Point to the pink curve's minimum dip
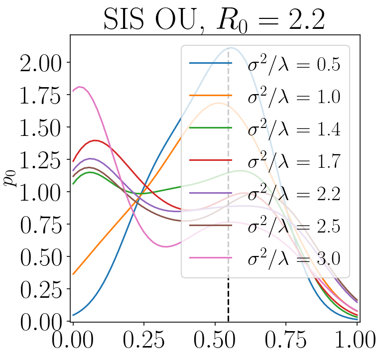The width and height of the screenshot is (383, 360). pyautogui.click(x=166, y=246)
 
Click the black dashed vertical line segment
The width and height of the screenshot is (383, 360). pyautogui.click(x=228, y=299)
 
